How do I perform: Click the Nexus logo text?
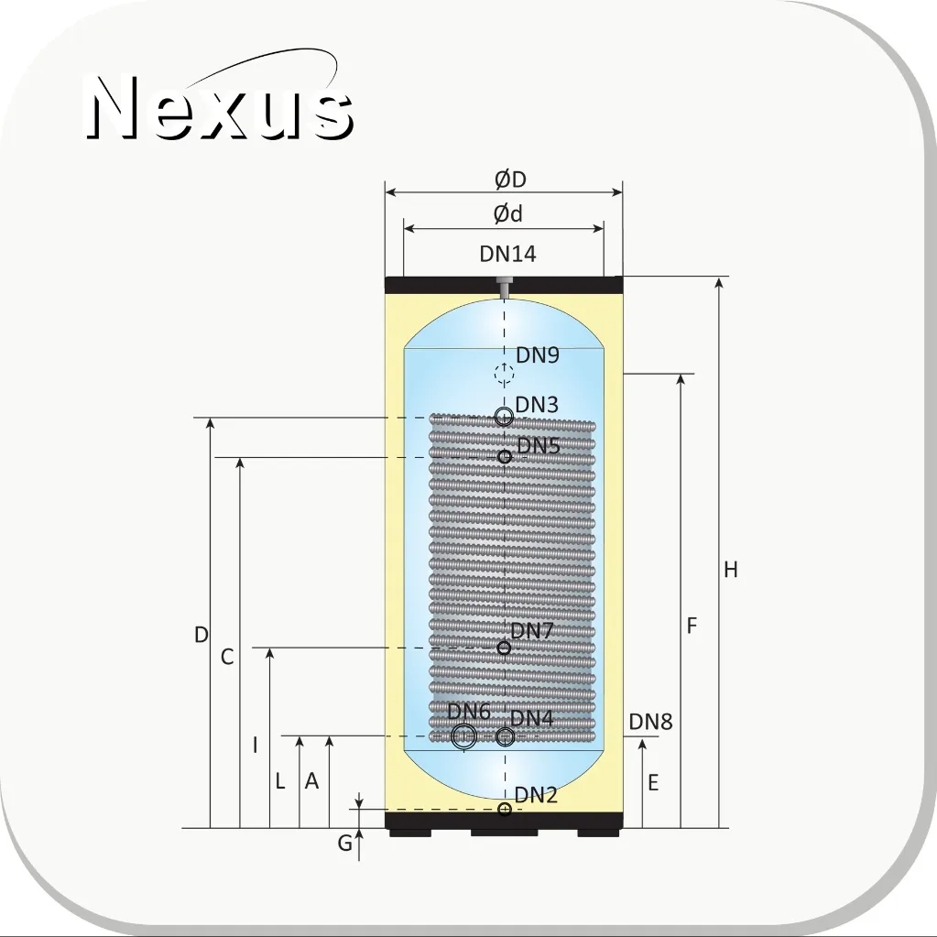219,107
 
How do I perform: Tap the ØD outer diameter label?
510,180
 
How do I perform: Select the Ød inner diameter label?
508,213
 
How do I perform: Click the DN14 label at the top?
508,254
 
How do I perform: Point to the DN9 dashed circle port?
505,373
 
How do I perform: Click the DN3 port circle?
505,417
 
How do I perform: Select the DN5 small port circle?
505,456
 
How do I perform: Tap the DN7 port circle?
505,648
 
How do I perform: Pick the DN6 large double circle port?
463,736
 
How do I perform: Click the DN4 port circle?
505,736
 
